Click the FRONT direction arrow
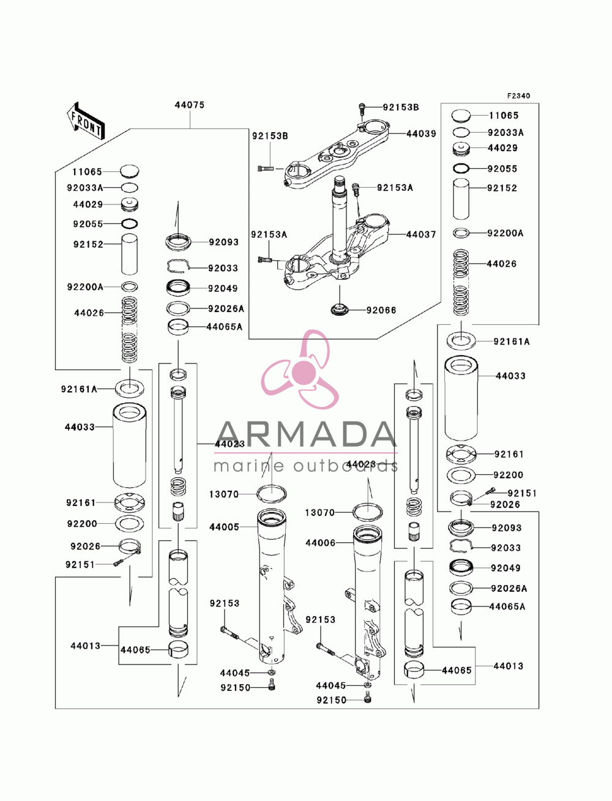86,121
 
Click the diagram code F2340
518,96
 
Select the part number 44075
189,105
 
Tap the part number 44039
421,134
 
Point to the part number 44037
421,234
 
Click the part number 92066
381,310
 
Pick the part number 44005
224,527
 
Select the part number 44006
320,543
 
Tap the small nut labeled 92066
340,310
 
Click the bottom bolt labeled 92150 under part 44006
367,699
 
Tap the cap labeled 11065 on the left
130,171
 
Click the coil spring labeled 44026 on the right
461,283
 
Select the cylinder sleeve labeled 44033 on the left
130,445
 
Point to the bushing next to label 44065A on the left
178,327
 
